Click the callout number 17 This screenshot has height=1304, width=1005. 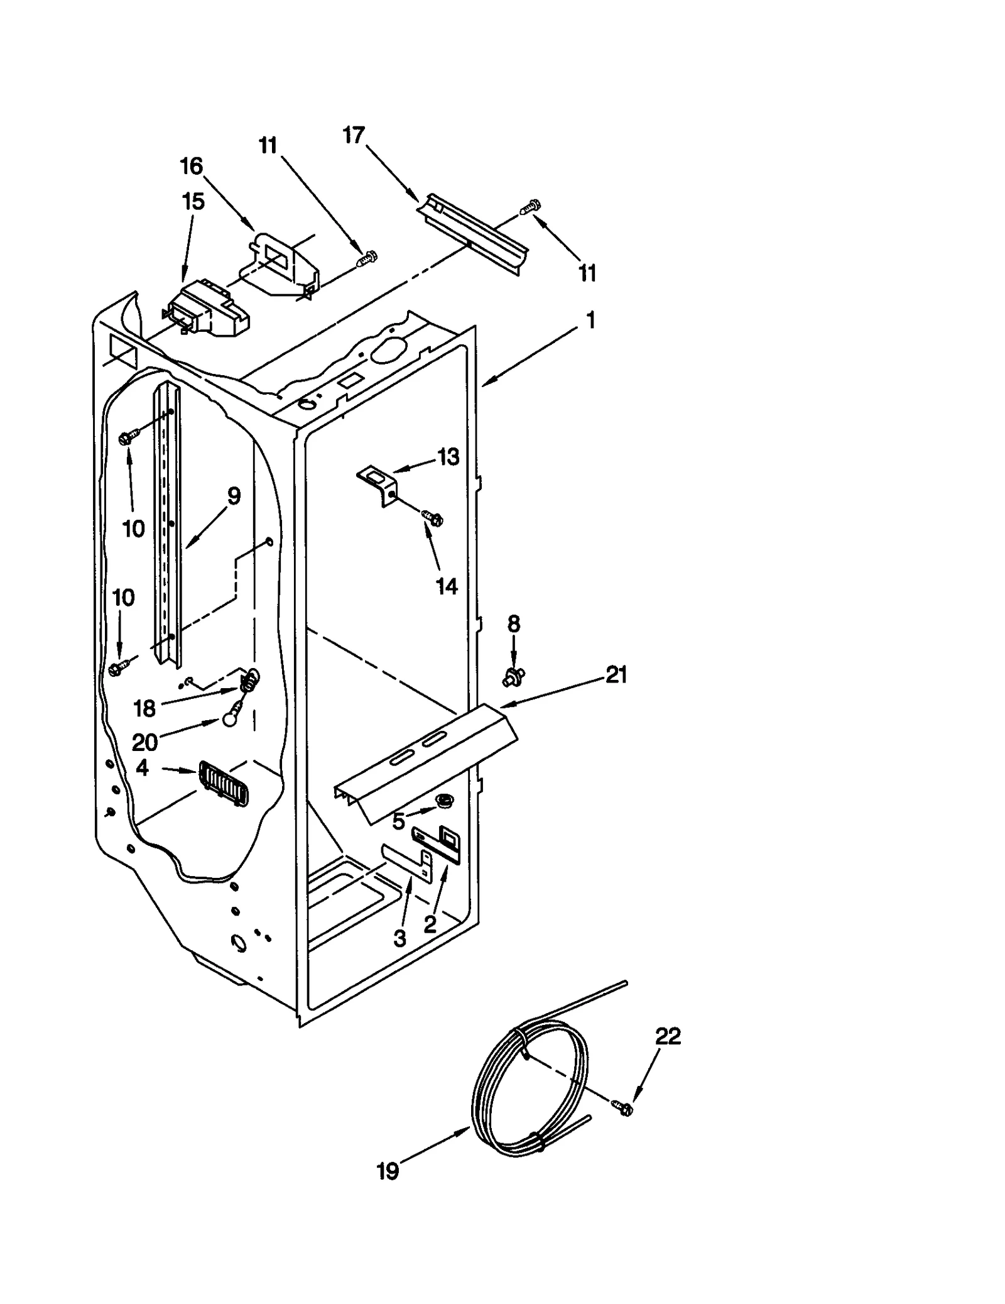point(354,135)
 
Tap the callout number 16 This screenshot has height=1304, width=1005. point(192,167)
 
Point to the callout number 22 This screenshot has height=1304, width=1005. point(668,1036)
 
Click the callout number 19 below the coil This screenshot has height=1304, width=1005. point(388,1171)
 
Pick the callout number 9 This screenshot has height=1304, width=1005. point(233,496)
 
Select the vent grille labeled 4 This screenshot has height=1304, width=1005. point(224,783)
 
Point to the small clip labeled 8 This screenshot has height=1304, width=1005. point(514,677)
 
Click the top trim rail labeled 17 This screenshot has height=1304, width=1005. point(474,232)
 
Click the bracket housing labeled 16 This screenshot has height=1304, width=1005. point(283,264)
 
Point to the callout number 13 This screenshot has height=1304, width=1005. point(448,457)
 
